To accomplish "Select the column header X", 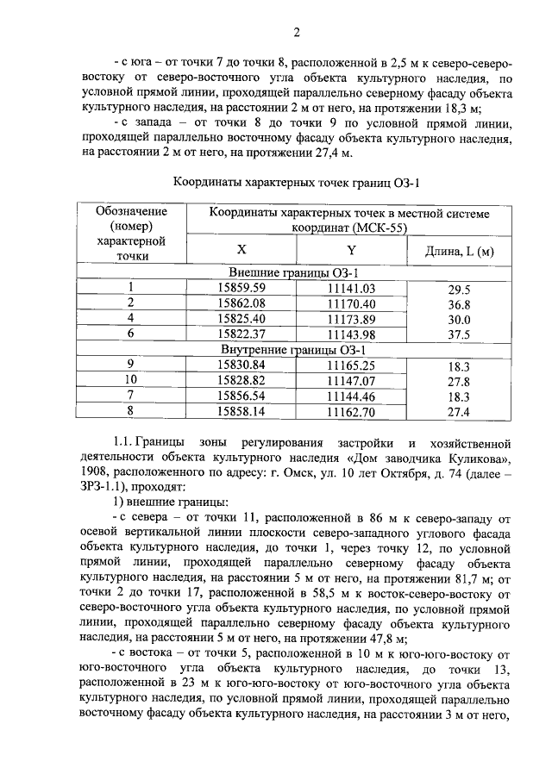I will [241, 250].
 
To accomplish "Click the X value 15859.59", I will [241, 288].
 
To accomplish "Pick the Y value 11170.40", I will [352, 303].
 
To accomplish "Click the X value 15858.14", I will [241, 411].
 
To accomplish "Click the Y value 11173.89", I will [352, 319].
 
